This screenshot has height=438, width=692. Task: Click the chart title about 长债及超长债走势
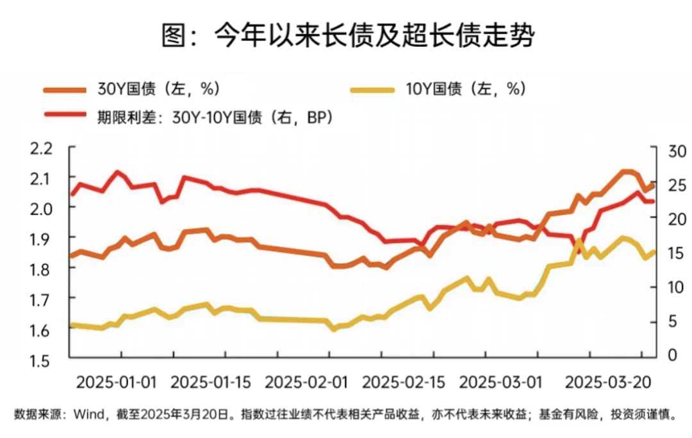(347, 36)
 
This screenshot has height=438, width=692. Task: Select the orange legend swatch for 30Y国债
(63, 90)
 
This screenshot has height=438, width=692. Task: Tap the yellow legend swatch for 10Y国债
(372, 90)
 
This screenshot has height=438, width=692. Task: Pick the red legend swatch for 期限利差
(63, 117)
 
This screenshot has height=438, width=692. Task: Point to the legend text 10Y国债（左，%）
(466, 90)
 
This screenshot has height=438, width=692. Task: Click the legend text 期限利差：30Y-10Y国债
(192, 117)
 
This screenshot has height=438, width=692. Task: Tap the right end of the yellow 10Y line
(654, 251)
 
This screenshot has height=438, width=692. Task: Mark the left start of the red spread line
(71, 194)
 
